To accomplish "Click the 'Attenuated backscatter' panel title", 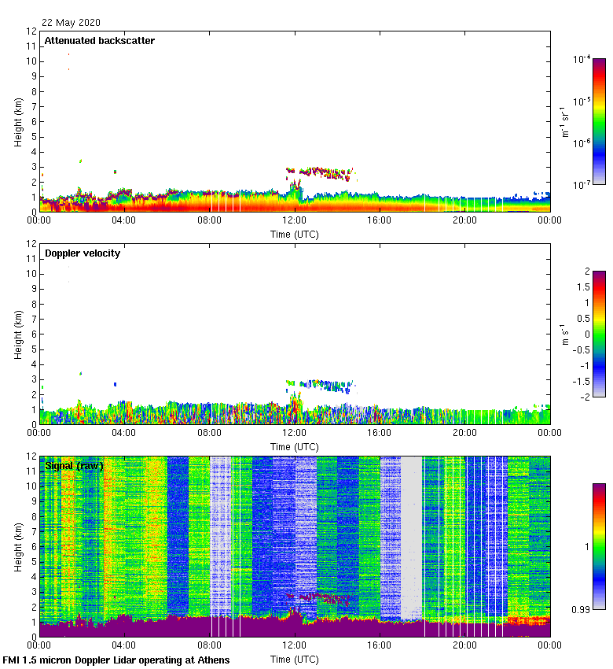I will coord(99,41).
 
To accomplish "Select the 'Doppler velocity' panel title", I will coord(82,253).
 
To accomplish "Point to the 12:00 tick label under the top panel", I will coord(294,220).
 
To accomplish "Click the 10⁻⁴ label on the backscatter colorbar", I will coord(582,60).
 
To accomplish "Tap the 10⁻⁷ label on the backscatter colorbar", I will coord(582,185).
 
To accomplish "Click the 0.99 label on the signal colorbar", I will coord(581,608).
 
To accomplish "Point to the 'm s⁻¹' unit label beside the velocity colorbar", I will coord(564,333).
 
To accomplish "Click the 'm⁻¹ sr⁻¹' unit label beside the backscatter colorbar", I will coord(564,121).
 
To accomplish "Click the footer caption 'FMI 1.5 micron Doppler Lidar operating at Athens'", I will coord(116,660).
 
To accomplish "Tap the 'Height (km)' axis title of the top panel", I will coord(17,122).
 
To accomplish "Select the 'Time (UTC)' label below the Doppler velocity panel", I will coord(294,446).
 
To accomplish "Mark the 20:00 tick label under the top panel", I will coord(464,220).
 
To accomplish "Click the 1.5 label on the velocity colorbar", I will coord(581,286).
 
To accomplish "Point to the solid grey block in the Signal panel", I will coord(411,535).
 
